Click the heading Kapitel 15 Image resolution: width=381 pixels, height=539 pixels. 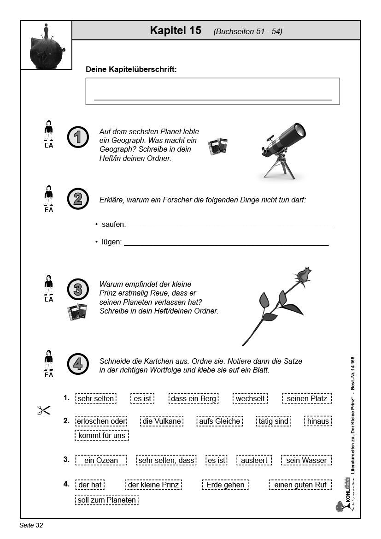tap(176, 31)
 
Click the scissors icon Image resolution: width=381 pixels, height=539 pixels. tap(43, 410)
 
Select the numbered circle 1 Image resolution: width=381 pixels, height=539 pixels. tap(77, 137)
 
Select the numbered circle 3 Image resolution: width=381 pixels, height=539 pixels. tap(77, 290)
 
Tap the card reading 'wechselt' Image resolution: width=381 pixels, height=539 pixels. tap(250, 398)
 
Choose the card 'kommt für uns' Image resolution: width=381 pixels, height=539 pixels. tap(102, 435)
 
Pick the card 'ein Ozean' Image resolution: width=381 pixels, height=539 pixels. tap(101, 460)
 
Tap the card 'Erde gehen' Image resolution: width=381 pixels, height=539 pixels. tap(225, 485)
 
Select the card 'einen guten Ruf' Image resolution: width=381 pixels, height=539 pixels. tap(300, 485)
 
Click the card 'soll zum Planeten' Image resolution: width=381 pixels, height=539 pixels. tap(106, 500)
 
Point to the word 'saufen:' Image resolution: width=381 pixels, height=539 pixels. tap(113, 225)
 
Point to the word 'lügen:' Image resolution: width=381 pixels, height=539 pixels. tap(111, 242)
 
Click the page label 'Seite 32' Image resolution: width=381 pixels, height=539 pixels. tap(31, 525)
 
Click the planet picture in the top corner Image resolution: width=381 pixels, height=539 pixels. tap(46, 46)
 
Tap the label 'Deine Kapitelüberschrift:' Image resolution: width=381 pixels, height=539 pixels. tap(131, 69)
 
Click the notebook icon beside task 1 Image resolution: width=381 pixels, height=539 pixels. tap(217, 146)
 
